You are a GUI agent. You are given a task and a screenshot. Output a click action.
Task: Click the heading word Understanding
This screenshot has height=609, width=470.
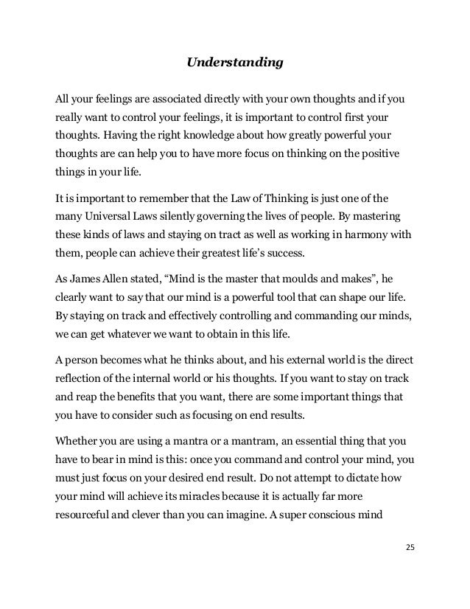(234, 63)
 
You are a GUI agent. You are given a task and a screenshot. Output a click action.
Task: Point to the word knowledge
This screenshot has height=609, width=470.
(198, 137)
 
